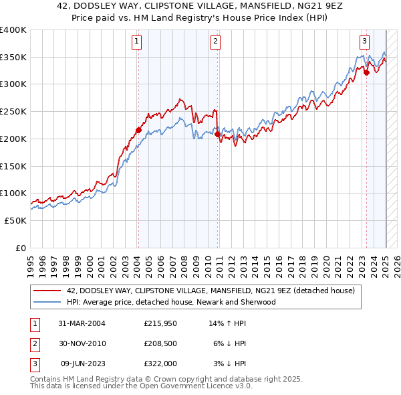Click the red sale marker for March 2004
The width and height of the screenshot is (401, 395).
(x=138, y=130)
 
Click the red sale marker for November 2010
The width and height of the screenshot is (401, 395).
(x=218, y=134)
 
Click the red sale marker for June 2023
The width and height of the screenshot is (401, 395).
(x=366, y=72)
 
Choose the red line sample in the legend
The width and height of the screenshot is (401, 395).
(x=48, y=291)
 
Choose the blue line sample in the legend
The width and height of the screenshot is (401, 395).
(x=48, y=302)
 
